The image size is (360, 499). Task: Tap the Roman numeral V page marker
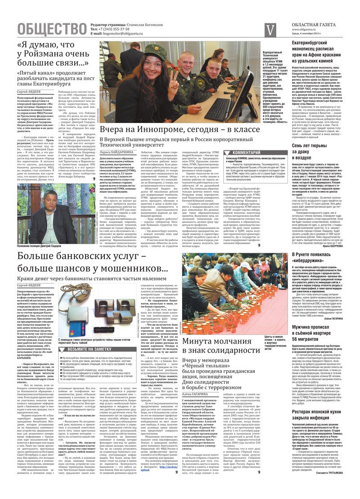tap(270, 30)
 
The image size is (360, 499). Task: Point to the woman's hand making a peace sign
tap(174, 75)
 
